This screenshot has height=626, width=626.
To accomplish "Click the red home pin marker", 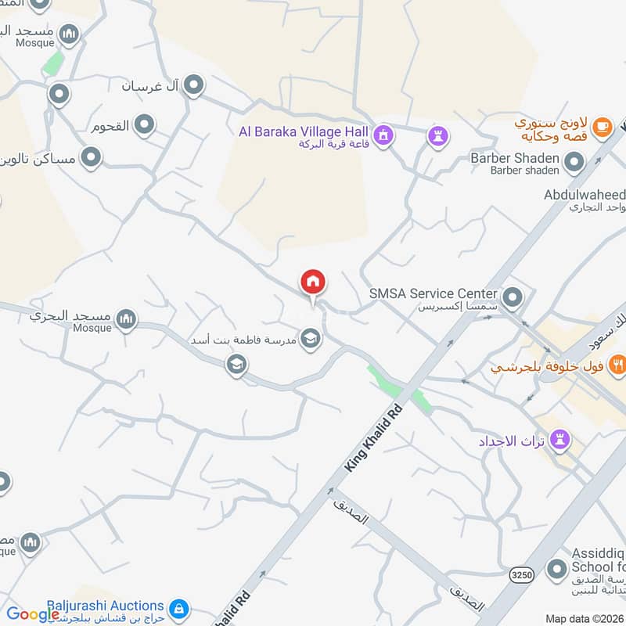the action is pos(313,282).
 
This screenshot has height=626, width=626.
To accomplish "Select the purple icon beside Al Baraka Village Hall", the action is pos(383,137).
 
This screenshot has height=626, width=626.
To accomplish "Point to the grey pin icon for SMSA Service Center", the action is pos(513,297).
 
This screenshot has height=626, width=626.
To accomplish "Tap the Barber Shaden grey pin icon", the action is pos(574,163).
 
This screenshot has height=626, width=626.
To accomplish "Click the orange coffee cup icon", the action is pos(602,126).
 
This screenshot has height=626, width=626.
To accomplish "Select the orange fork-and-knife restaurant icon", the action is pos(618,363).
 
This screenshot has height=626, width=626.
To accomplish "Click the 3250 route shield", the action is pos(522,575).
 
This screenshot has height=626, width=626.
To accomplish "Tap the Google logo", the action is pos(33,614).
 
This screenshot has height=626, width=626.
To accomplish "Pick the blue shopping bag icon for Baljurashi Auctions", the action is pos(179,608).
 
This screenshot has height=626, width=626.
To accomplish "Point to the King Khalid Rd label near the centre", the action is pos(373,437).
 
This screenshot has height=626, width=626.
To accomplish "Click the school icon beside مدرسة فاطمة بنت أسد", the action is pos(311,338).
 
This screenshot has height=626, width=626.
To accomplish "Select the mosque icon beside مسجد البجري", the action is pos(126,319).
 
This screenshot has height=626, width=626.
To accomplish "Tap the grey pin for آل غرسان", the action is pos(193,85).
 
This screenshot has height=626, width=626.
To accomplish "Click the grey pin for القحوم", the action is pos(144,124).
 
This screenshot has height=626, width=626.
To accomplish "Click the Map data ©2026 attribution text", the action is pos(584,618).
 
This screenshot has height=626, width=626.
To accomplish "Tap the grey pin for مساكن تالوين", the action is pos(92,159).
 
